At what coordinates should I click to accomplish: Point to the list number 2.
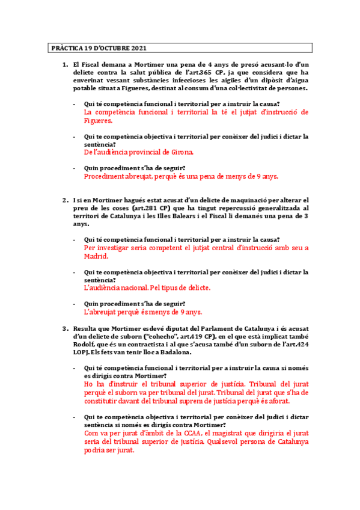(65, 200)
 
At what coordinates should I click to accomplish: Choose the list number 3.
(65, 329)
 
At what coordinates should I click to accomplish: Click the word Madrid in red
(96, 255)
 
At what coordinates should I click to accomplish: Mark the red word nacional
(125, 287)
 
